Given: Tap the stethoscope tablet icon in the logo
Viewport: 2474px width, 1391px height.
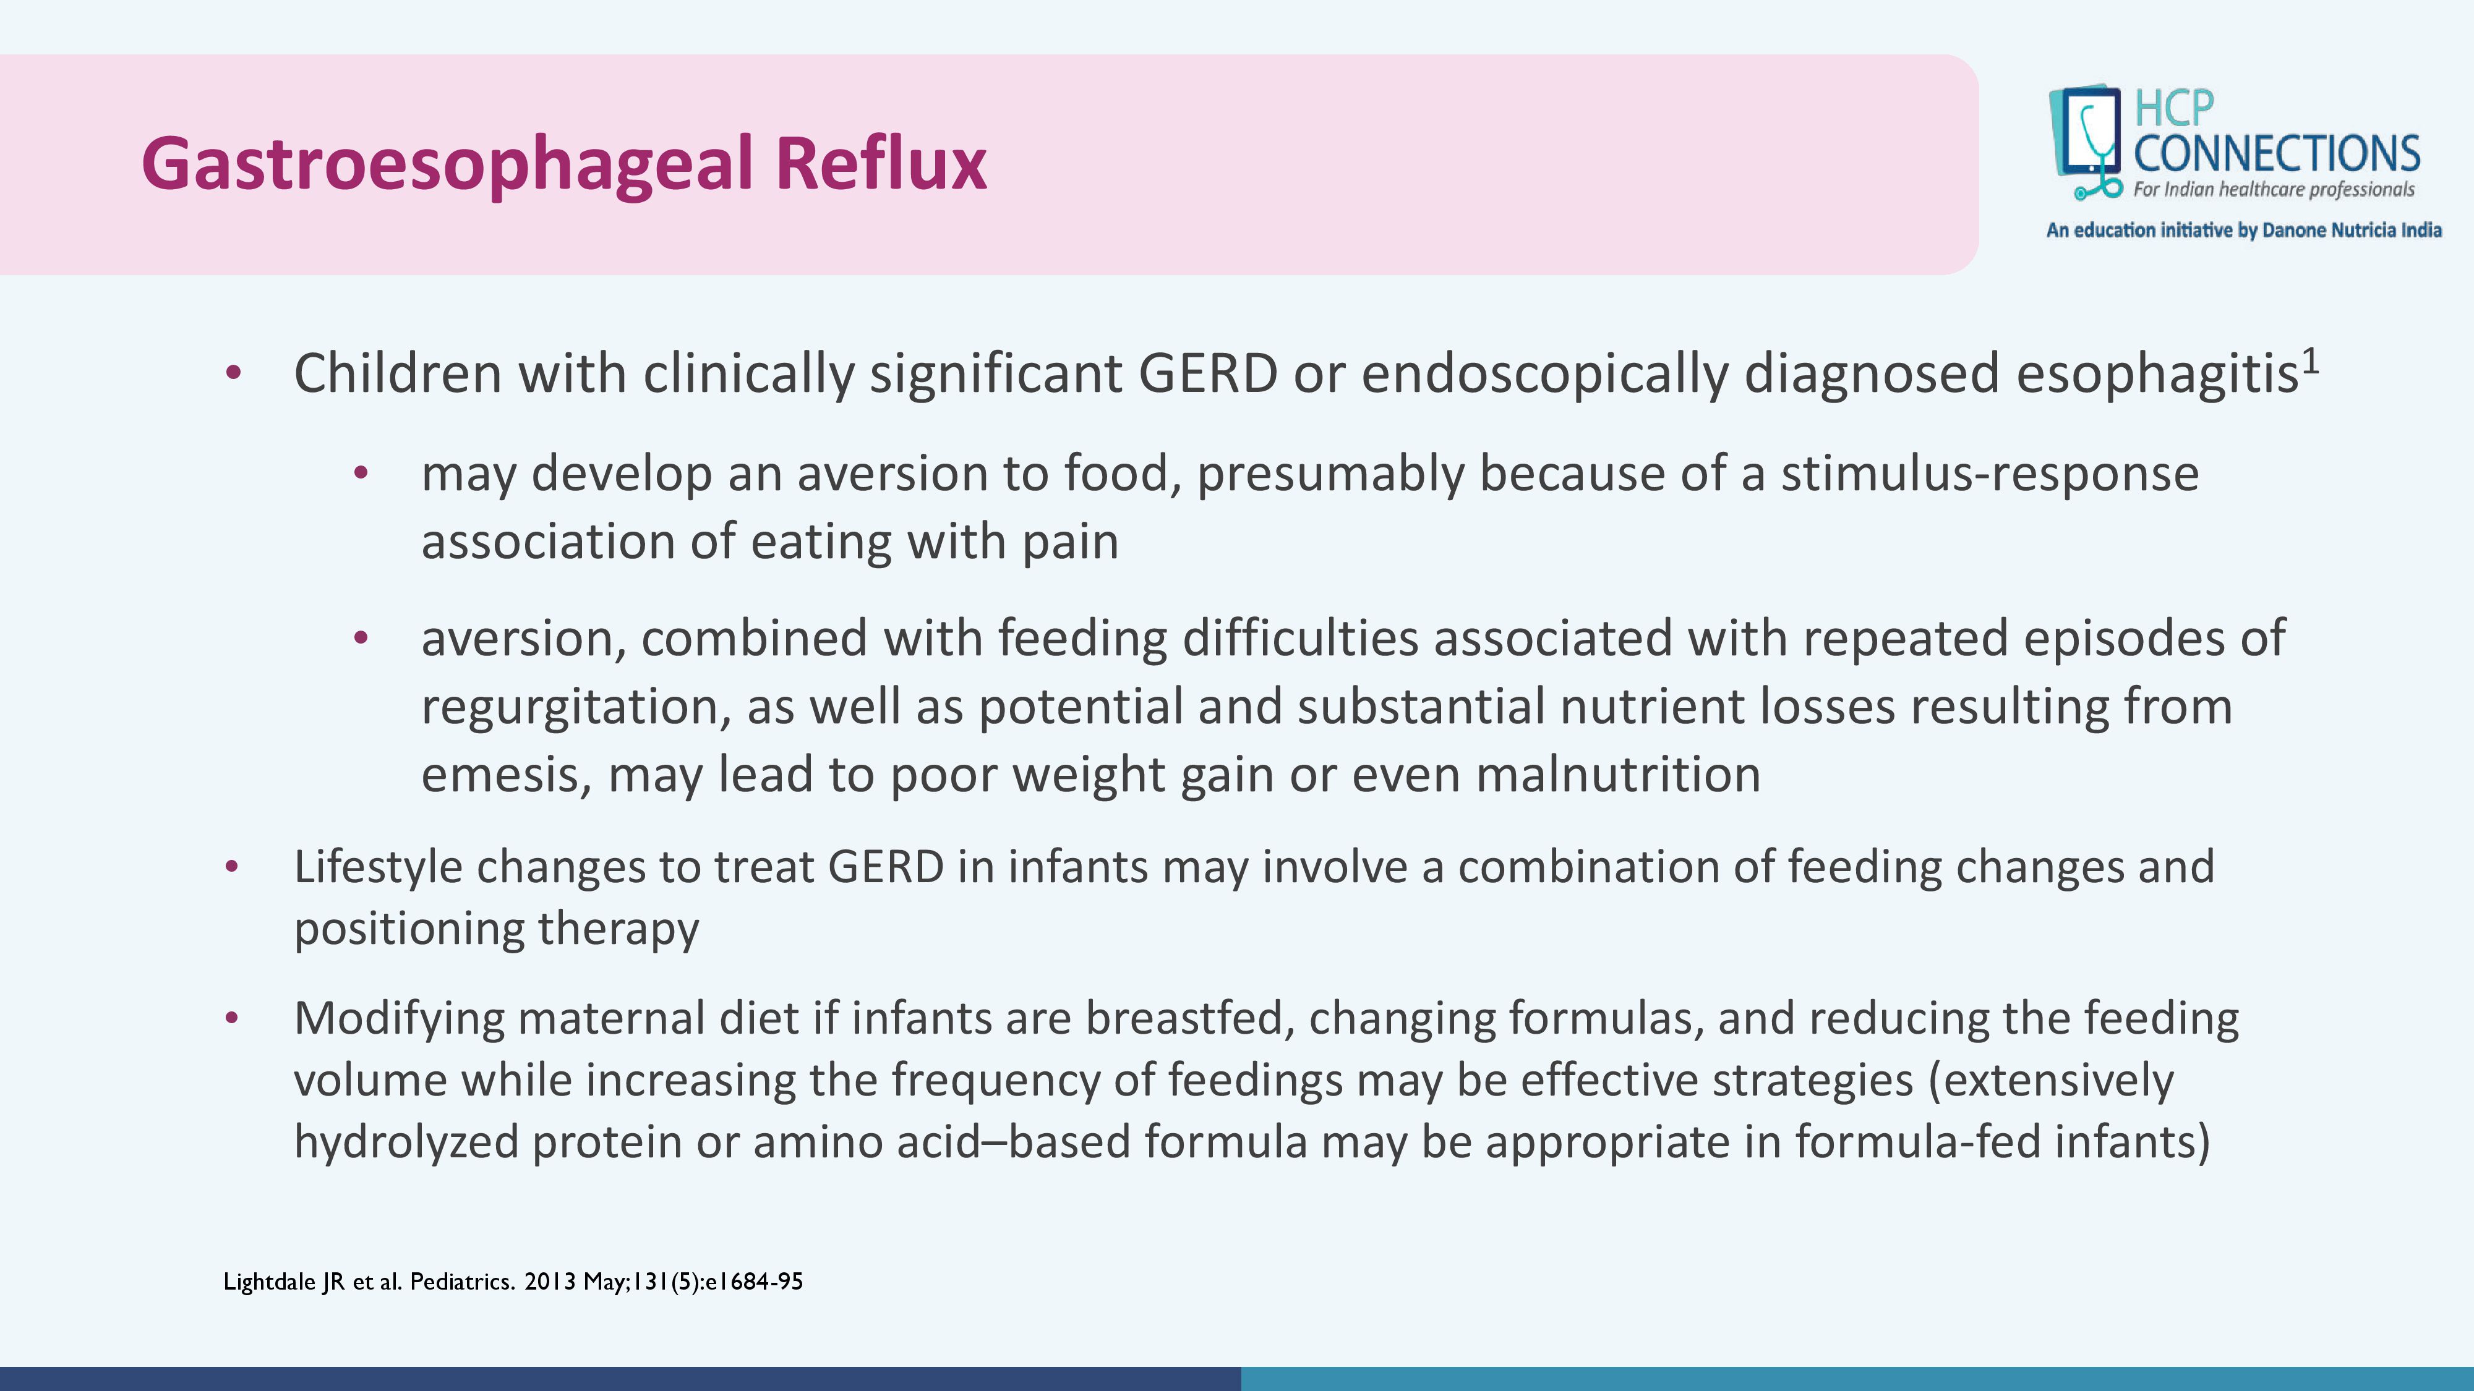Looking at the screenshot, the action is click(2086, 142).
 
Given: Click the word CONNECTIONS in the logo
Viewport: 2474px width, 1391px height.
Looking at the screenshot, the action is click(2276, 153).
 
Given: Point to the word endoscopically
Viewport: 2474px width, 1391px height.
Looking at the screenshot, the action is click(1544, 375).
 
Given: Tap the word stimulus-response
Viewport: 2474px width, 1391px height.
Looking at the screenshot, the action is click(1990, 474).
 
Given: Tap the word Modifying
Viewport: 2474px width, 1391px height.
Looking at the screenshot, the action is click(398, 1019).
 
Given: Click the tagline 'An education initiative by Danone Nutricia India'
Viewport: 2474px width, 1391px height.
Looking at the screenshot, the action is click(2243, 231).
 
